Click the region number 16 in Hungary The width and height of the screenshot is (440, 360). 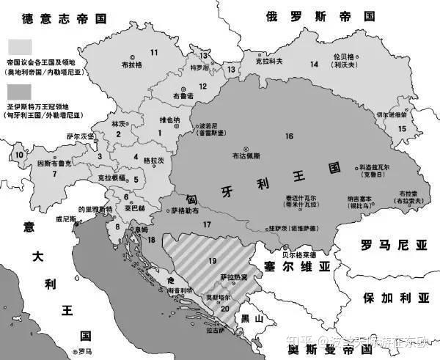point(289,136)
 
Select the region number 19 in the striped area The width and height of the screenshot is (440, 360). point(213,261)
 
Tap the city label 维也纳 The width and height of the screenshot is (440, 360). point(169,120)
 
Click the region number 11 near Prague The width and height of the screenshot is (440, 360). point(154,51)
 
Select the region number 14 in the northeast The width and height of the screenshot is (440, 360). point(313,65)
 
